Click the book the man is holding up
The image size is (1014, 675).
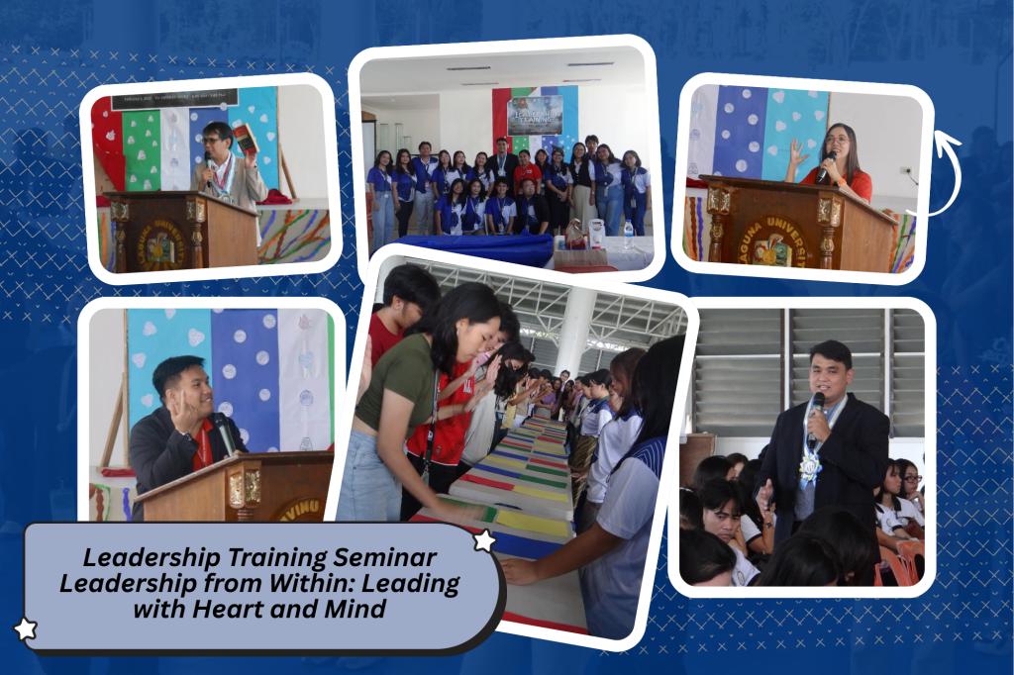244,138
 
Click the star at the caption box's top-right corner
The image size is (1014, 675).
484,540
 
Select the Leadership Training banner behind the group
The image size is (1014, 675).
535,114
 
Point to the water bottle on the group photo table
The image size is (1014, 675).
628,235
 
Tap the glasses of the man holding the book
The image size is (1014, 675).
214,141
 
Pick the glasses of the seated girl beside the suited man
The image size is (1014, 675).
911,479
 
